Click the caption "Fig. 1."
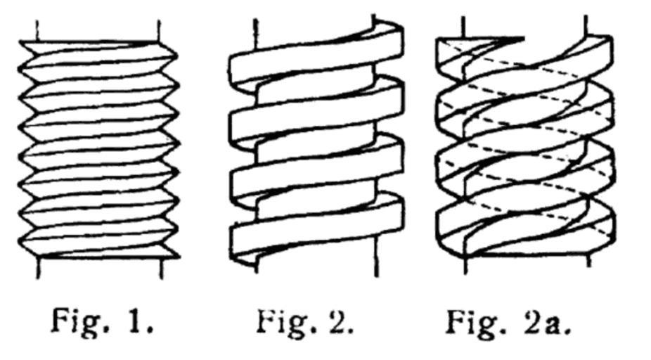coord(103,321)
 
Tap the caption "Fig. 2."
coord(304,321)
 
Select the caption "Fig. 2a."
coord(508,321)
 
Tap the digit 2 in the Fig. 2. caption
coord(336,321)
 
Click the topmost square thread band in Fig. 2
coord(316,49)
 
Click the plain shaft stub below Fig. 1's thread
coord(99,269)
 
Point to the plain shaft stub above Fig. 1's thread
coord(98,28)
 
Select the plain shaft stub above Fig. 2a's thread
coord(524,25)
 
